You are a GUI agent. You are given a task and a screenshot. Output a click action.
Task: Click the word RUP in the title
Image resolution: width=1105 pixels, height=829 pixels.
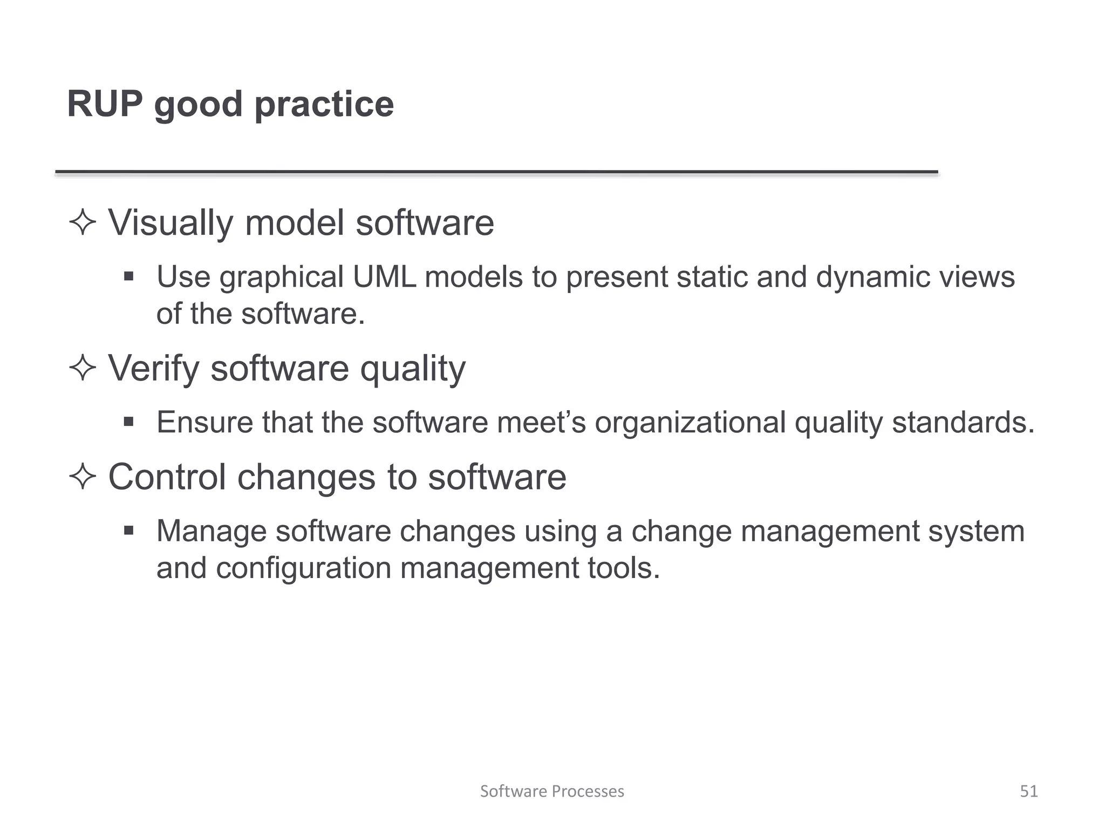[105, 104]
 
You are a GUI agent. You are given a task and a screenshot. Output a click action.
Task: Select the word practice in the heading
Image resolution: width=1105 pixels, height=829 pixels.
[324, 105]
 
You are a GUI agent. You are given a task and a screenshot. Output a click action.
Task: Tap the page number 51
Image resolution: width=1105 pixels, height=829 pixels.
[1028, 791]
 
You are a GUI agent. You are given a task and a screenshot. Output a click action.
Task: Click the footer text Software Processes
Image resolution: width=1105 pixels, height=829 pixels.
[552, 791]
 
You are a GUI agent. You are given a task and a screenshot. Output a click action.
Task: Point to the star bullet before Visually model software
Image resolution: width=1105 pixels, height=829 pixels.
[83, 222]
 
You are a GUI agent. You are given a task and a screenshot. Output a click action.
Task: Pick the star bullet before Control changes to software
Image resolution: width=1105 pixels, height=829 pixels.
[83, 477]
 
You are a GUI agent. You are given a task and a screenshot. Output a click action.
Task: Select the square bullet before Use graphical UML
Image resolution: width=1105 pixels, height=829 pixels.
[128, 277]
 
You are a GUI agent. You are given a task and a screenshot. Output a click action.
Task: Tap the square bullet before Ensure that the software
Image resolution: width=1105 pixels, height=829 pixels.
[128, 422]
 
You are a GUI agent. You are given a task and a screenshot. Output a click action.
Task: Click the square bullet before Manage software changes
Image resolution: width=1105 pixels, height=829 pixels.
[128, 531]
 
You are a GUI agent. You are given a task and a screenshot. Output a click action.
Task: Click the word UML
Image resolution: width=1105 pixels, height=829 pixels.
[384, 277]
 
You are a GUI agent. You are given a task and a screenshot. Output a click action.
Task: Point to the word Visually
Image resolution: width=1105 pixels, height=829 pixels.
[170, 222]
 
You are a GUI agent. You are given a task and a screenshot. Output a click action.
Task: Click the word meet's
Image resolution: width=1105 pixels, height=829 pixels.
[541, 422]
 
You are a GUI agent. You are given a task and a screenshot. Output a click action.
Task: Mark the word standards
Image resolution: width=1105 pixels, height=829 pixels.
[963, 422]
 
